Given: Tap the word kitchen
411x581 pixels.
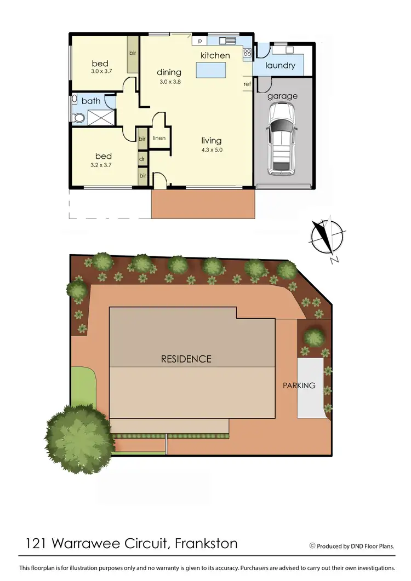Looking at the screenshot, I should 215,55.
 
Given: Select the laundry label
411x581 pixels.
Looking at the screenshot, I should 280,66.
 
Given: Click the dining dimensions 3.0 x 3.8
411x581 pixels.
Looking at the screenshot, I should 170,82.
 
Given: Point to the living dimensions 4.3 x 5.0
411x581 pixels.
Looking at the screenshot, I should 212,149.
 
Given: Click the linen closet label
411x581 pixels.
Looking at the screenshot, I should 159,138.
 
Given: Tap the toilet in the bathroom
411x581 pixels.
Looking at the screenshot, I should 77,117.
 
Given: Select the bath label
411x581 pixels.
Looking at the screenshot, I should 91,101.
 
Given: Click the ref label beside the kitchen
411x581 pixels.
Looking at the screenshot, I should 247,84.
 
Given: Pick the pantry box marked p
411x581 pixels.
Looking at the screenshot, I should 199,41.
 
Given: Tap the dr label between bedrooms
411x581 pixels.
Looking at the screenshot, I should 142,158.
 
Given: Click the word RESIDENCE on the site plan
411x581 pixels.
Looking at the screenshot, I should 186,359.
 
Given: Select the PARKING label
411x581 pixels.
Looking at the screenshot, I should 299,386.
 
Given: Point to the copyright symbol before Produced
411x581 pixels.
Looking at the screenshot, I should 312,545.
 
